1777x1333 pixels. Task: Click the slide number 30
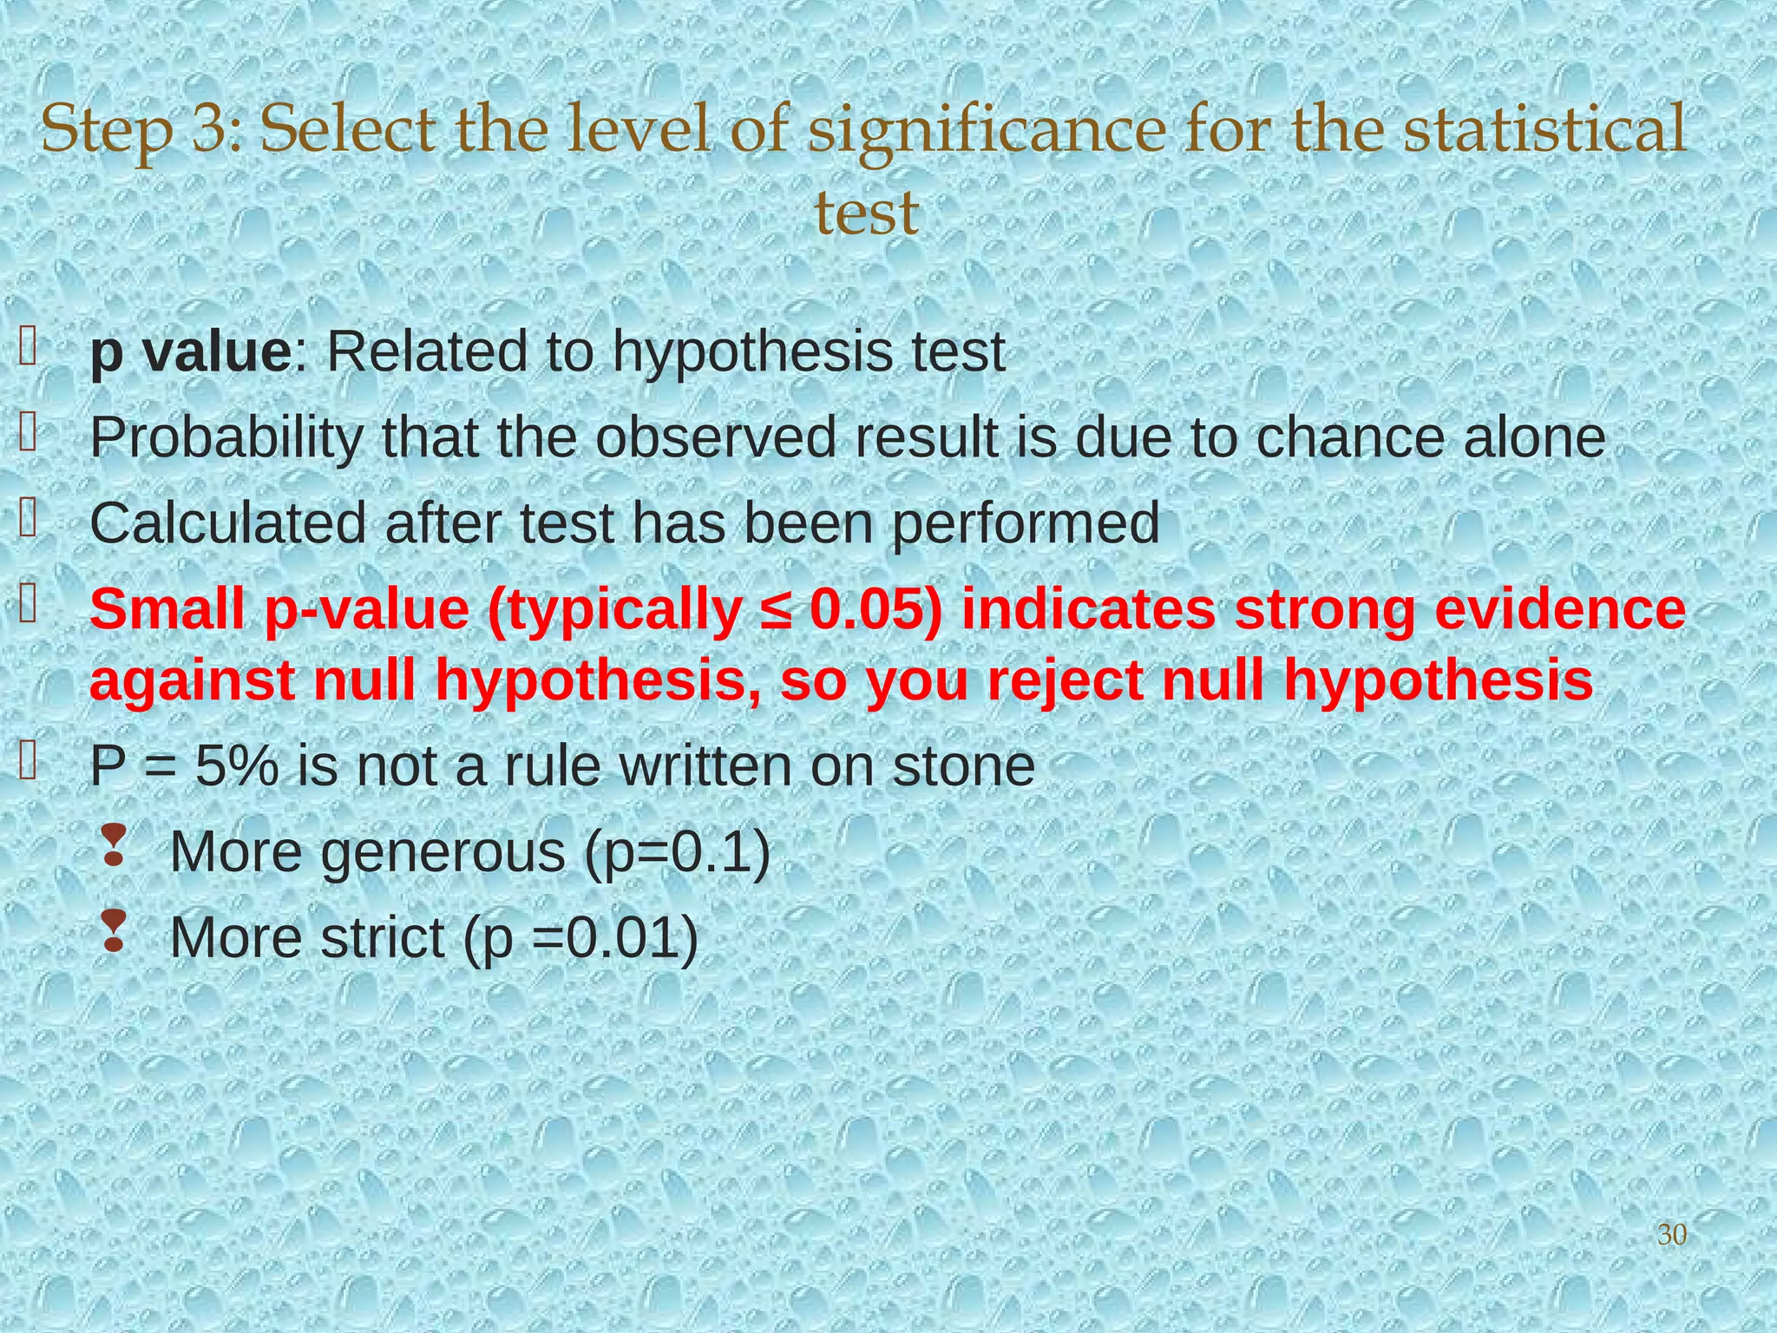click(x=1672, y=1234)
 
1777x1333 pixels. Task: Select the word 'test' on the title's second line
click(x=866, y=213)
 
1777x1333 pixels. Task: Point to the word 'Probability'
click(x=226, y=438)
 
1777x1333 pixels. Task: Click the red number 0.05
click(x=876, y=609)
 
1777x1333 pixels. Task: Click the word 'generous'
click(x=443, y=852)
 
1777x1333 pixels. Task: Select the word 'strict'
click(x=382, y=937)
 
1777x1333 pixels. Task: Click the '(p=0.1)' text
click(x=677, y=852)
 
